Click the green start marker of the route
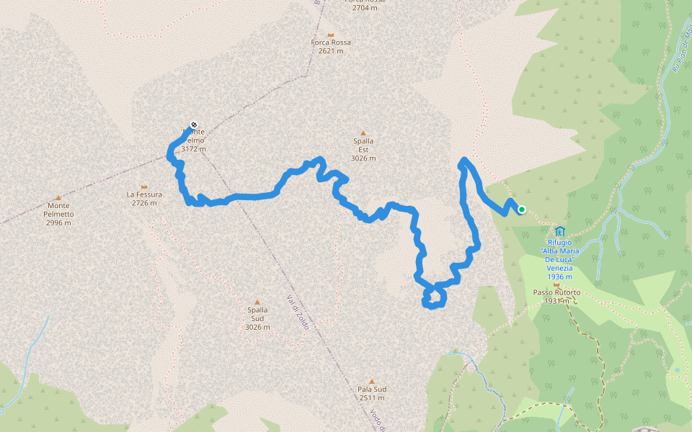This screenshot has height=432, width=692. coord(521,210)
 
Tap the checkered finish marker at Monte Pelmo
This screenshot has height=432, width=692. coord(193,125)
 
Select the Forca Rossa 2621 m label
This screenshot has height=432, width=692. coord(331,47)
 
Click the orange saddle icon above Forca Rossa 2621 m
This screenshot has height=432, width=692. coord(331,35)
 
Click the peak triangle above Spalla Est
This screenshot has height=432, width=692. coord(363,132)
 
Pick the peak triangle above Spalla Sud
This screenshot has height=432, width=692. coord(257,302)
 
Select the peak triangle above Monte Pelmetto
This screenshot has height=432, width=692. coord(58,197)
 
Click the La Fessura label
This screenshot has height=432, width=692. coord(144,198)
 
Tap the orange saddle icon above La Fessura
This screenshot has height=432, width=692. coord(144,186)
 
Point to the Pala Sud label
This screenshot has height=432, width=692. coord(372,393)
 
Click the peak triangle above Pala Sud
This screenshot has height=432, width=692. coord(372,381)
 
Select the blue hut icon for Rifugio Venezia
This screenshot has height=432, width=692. coord(559,231)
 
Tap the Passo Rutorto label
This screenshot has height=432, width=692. coord(556,297)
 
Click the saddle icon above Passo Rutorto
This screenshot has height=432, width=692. coord(556,285)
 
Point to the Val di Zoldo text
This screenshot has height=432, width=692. coord(298,312)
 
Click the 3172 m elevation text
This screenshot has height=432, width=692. coord(193,149)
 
